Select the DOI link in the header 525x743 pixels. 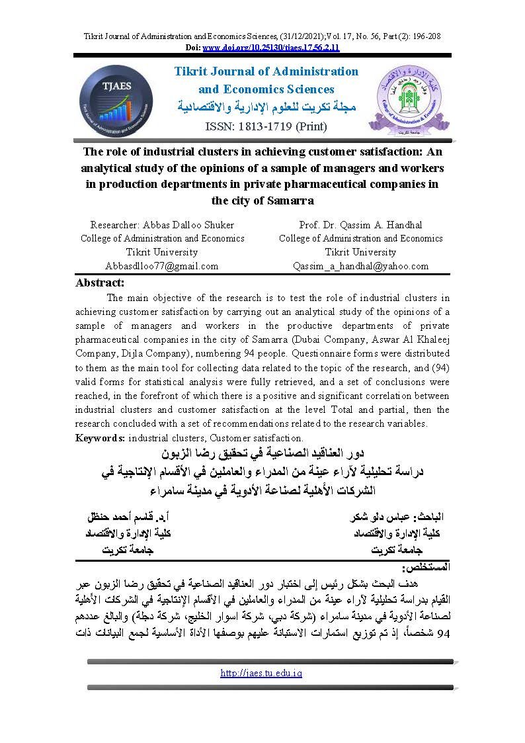click(x=271, y=48)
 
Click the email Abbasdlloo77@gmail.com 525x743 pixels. click(x=161, y=266)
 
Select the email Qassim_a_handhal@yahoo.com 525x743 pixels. click(x=360, y=266)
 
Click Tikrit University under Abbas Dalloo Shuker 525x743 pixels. click(x=161, y=252)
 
